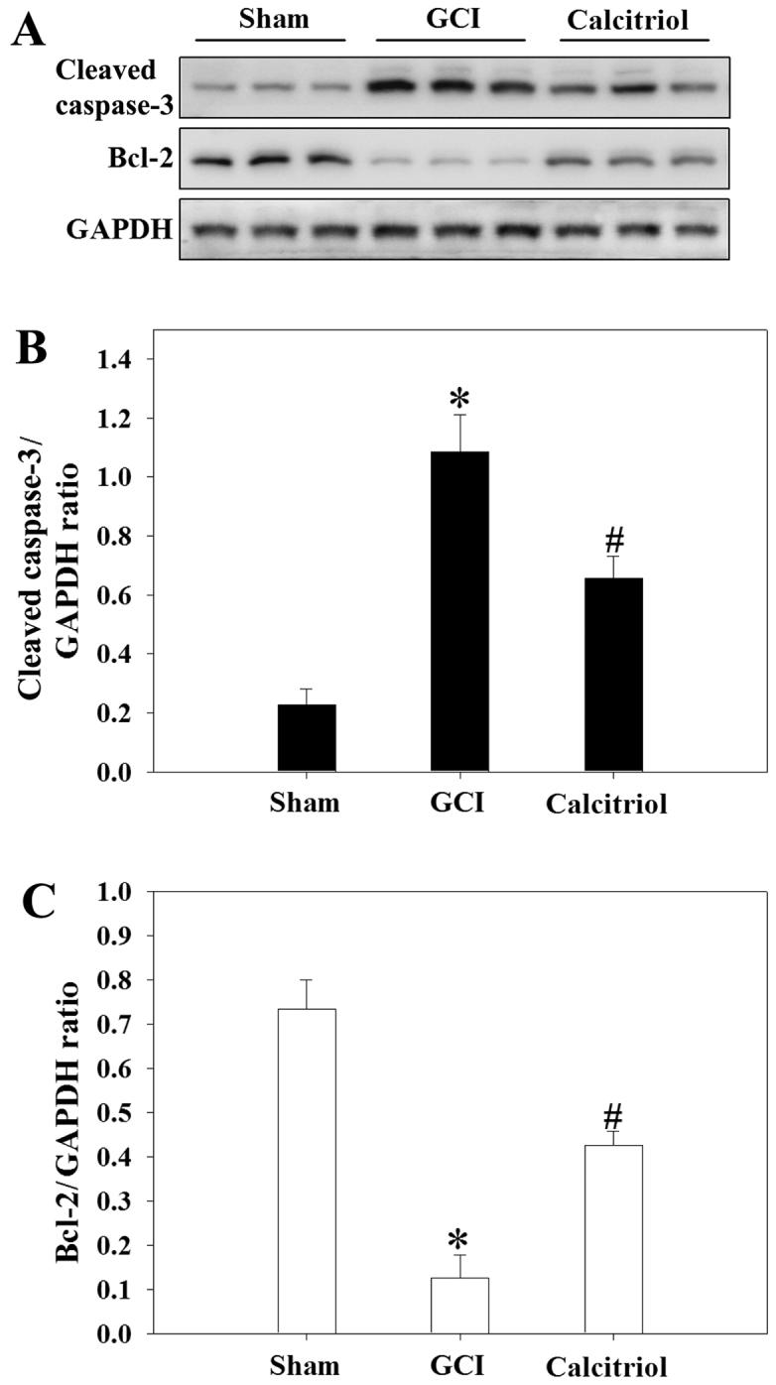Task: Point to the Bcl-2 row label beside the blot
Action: coord(143,158)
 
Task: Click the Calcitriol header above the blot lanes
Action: coord(634,22)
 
